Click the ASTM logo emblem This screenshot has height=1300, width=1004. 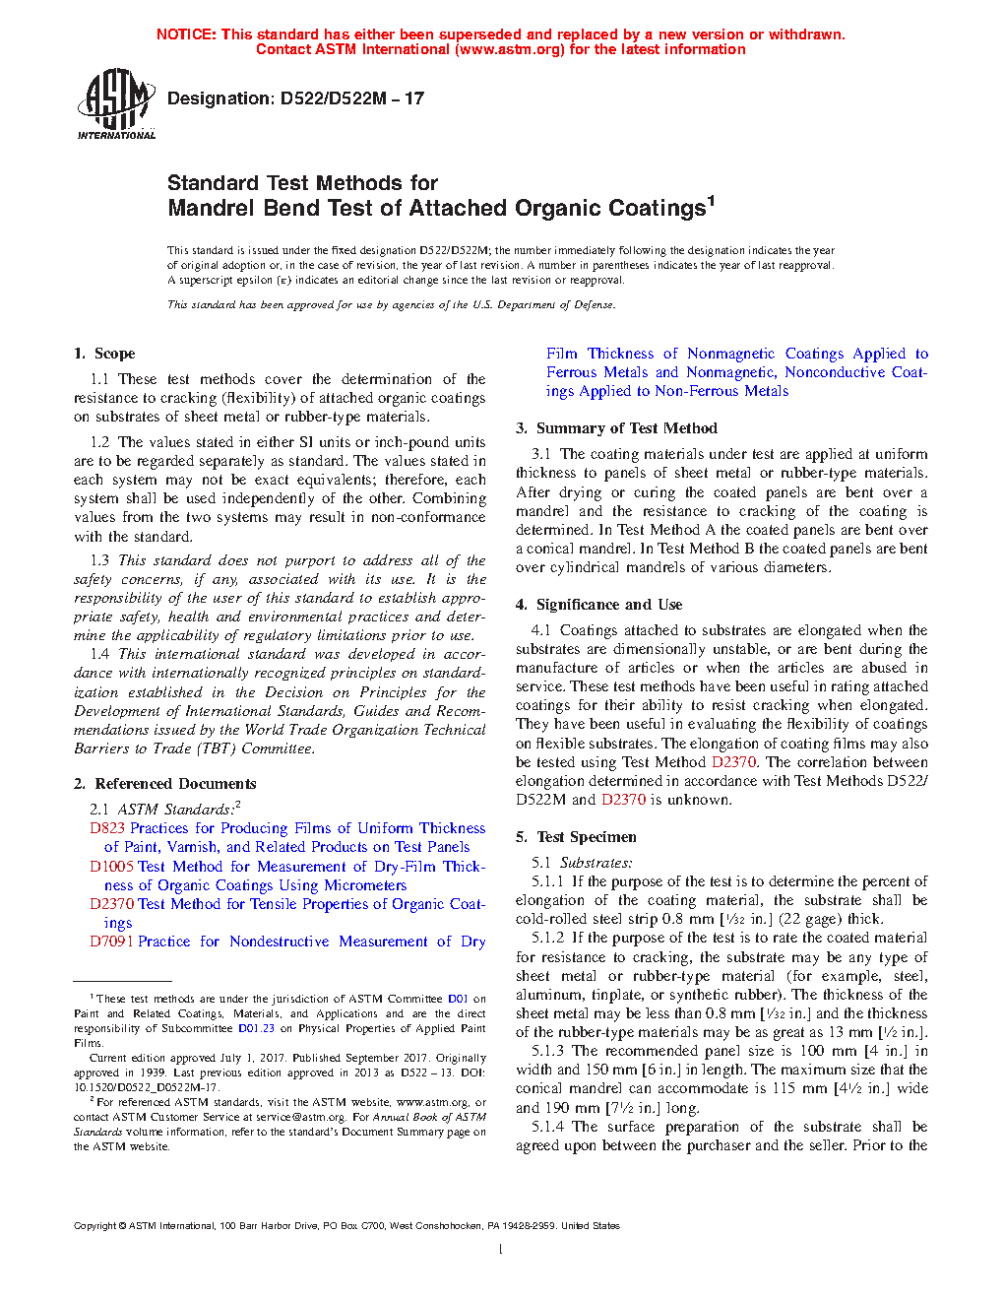(115, 102)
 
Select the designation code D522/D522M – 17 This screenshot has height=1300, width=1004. (352, 98)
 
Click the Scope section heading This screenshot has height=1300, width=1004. (114, 354)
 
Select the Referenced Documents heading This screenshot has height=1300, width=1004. (175, 784)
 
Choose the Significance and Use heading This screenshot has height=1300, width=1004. (608, 605)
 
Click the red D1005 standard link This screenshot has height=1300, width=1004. (111, 867)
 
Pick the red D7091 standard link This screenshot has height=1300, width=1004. (111, 942)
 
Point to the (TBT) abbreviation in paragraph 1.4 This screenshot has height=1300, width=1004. (217, 748)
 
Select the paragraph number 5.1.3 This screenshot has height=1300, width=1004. (547, 1051)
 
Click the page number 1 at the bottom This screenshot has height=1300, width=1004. (501, 1250)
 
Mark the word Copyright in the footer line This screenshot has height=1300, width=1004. (94, 1226)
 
